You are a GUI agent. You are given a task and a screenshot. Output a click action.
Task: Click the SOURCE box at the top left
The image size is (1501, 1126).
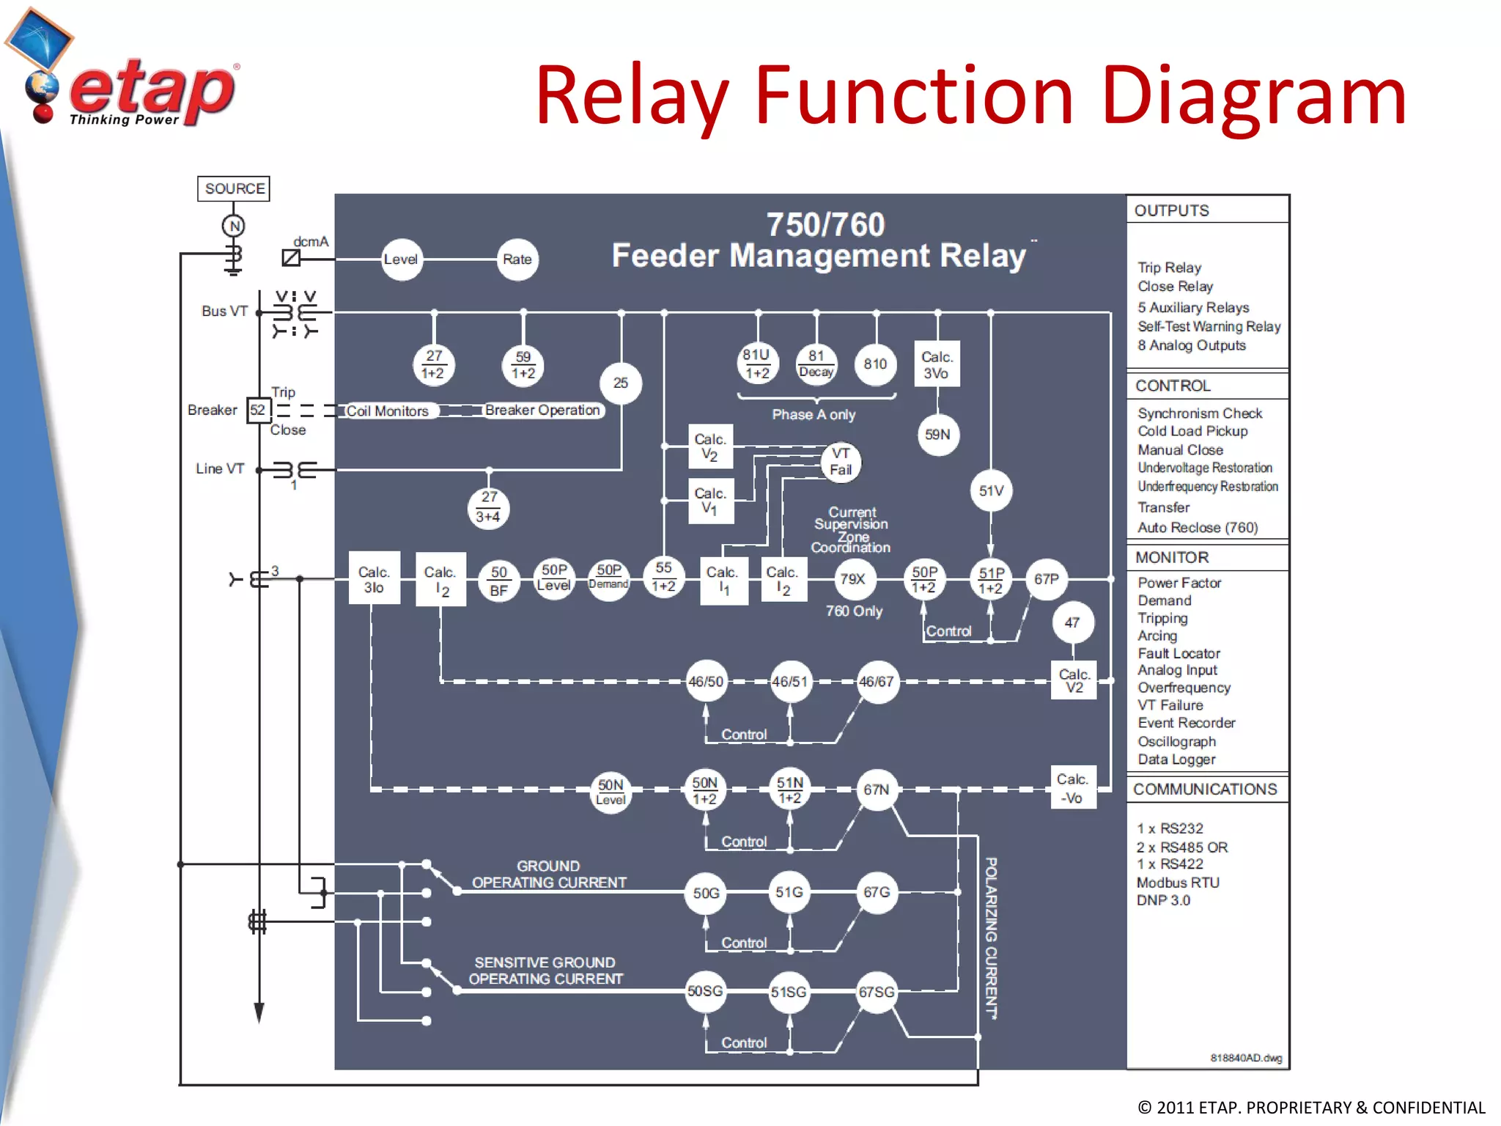235,188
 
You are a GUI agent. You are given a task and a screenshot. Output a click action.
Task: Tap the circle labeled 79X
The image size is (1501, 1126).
853,579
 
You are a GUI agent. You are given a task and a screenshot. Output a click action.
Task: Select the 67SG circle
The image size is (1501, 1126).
877,992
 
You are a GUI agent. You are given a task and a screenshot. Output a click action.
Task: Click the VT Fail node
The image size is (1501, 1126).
841,462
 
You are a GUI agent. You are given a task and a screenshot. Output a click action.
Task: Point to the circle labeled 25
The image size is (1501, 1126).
621,383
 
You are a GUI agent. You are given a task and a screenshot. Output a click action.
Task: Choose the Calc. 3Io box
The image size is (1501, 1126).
374,579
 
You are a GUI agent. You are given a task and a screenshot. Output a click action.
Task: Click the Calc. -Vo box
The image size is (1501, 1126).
1073,788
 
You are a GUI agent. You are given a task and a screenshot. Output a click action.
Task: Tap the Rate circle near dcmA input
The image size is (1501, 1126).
517,260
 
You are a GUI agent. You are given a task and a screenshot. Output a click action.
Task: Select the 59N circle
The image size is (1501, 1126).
937,435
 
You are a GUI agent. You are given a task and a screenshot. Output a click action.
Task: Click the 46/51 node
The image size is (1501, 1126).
790,682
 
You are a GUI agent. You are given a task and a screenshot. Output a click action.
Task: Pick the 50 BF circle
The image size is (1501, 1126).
499,581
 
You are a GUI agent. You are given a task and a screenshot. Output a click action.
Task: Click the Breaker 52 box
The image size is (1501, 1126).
258,410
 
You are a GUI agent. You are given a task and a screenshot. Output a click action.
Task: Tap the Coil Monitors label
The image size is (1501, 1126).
388,411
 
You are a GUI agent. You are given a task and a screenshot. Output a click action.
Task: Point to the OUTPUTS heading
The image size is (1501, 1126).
1171,210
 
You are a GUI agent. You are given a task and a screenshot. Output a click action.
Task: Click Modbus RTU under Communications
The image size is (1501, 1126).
1178,883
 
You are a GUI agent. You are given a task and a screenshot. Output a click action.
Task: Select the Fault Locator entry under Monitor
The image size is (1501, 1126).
1179,653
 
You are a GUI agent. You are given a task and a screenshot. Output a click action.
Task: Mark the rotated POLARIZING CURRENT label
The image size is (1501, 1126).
991,938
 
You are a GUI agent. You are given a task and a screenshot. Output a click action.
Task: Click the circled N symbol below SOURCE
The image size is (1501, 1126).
234,226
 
